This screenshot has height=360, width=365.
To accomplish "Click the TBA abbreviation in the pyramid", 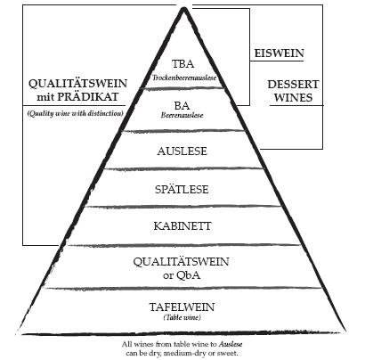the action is [x=182, y=64].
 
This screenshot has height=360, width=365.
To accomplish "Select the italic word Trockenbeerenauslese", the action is [x=184, y=78].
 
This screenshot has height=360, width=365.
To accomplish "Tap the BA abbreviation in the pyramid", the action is [x=182, y=105].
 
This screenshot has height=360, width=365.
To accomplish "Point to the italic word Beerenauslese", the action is [x=182, y=115].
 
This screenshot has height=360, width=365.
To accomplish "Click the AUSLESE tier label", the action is [x=182, y=151].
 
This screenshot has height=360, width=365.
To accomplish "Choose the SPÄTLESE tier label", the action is [x=182, y=189].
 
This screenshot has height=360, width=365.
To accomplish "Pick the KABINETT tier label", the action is [x=182, y=226].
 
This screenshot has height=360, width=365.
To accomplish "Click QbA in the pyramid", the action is [x=189, y=275].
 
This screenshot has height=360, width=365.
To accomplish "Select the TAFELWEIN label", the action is [x=182, y=307].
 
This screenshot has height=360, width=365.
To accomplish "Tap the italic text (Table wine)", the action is [x=182, y=317].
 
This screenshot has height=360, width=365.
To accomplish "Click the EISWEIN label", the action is [x=280, y=53].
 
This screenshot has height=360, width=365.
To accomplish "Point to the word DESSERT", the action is [x=293, y=85].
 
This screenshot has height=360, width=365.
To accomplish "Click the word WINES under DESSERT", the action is [x=293, y=98].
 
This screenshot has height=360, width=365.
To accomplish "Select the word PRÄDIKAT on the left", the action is [x=87, y=97].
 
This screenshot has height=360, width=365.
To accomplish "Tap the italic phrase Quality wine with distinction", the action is [x=75, y=113].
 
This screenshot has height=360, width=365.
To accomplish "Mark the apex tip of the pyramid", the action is [x=184, y=9].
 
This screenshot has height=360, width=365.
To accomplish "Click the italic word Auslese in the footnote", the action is [x=231, y=344].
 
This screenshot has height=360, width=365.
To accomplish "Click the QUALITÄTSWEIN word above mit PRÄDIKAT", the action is [x=77, y=84].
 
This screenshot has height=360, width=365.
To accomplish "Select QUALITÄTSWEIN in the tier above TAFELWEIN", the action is [x=181, y=262].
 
